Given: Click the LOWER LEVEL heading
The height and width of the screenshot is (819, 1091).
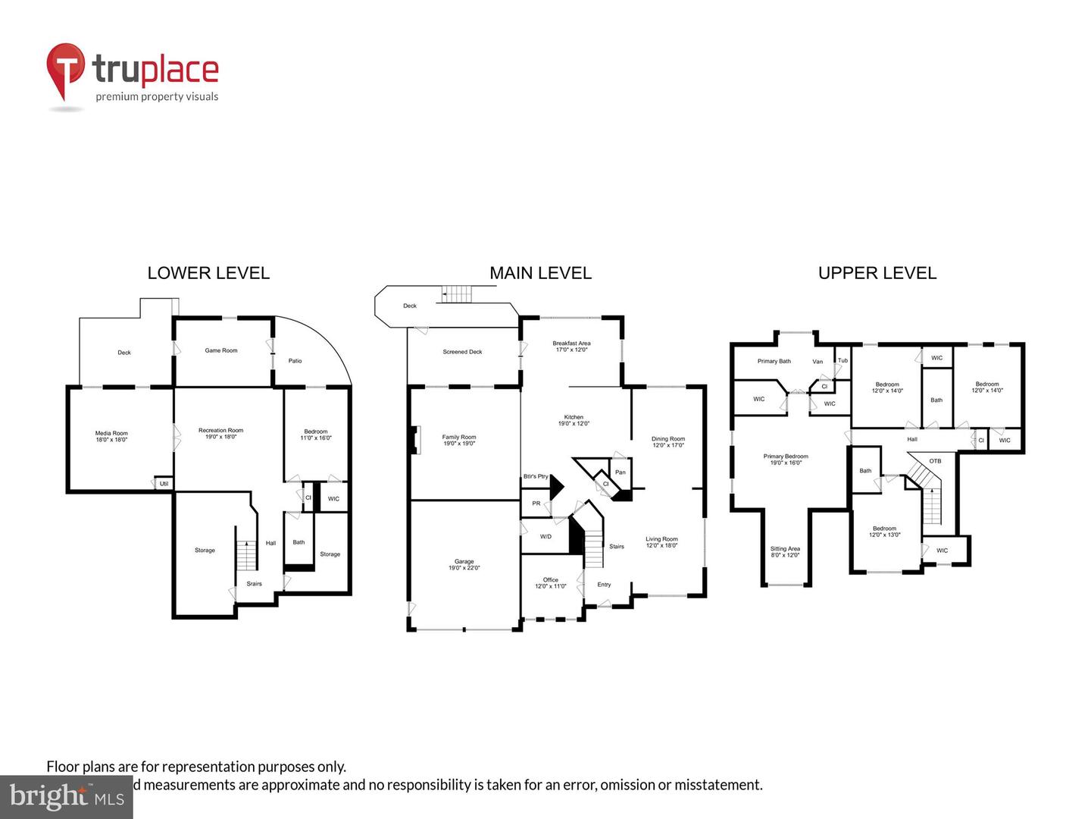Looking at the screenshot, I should click(208, 273).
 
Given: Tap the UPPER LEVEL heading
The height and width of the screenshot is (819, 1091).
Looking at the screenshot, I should click(877, 273).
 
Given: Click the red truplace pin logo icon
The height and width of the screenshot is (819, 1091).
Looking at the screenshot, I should click(65, 71).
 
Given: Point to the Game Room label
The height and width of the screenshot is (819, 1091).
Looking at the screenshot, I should click(221, 350).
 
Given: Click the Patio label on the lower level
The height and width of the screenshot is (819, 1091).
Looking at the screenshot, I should click(295, 361).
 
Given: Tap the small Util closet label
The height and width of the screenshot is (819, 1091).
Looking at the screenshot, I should click(164, 483).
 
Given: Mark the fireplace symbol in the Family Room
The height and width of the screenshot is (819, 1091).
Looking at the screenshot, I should click(414, 441).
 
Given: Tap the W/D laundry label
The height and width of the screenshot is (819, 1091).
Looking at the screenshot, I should click(545, 536).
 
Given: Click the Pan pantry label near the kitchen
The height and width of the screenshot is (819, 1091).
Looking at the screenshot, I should click(621, 472).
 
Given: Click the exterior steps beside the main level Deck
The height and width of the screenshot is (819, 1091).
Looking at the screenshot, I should click(457, 294).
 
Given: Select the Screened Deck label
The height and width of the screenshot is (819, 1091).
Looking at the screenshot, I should click(462, 352).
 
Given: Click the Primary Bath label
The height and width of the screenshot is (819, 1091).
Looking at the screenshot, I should click(774, 361).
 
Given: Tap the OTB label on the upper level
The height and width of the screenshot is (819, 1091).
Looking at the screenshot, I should click(935, 461).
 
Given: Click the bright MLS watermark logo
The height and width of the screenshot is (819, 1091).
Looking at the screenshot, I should click(67, 796).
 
